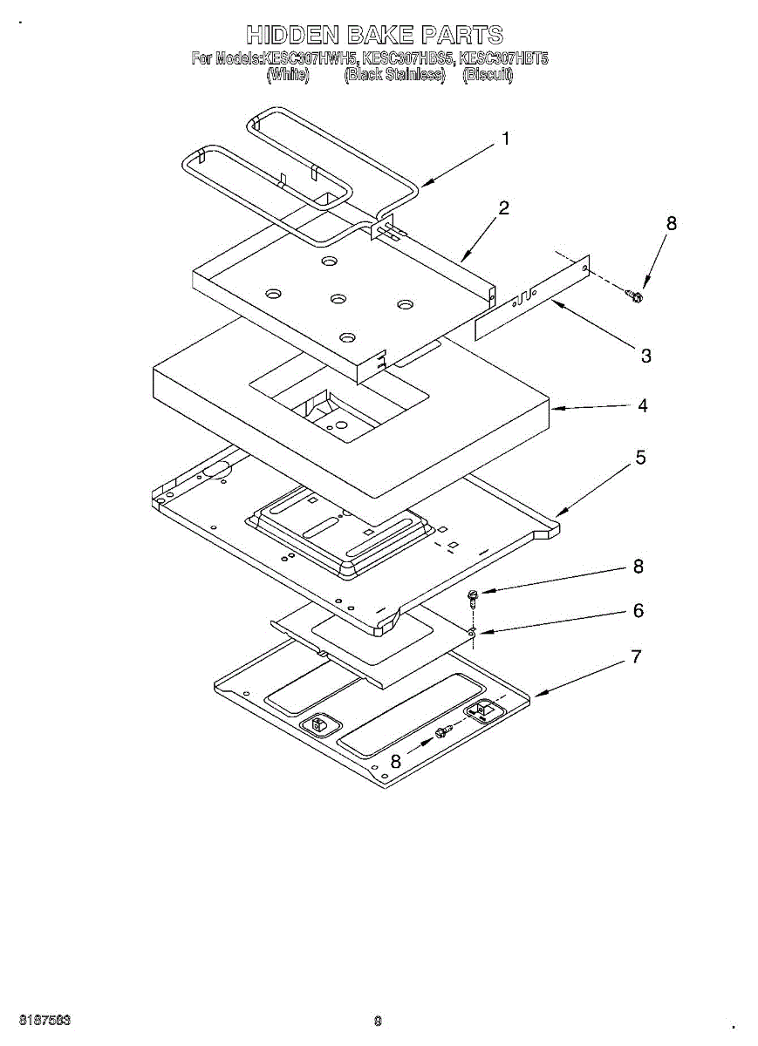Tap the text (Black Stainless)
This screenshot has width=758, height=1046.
(394, 75)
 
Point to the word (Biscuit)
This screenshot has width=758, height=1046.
(488, 75)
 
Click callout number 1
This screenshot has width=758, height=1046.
(505, 139)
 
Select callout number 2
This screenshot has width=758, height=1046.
(503, 208)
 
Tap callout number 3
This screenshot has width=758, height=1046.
(645, 356)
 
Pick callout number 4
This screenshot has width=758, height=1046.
(642, 405)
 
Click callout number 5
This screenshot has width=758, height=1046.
(640, 458)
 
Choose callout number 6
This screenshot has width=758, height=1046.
(638, 611)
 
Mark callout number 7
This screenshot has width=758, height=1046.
(636, 656)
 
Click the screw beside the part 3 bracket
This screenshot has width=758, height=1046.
(636, 298)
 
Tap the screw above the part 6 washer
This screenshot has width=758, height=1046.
(473, 597)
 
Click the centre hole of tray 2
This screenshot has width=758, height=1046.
(338, 299)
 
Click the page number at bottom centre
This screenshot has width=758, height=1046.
(378, 1021)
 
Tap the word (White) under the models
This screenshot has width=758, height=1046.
(287, 75)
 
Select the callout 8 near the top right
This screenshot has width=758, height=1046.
(671, 223)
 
